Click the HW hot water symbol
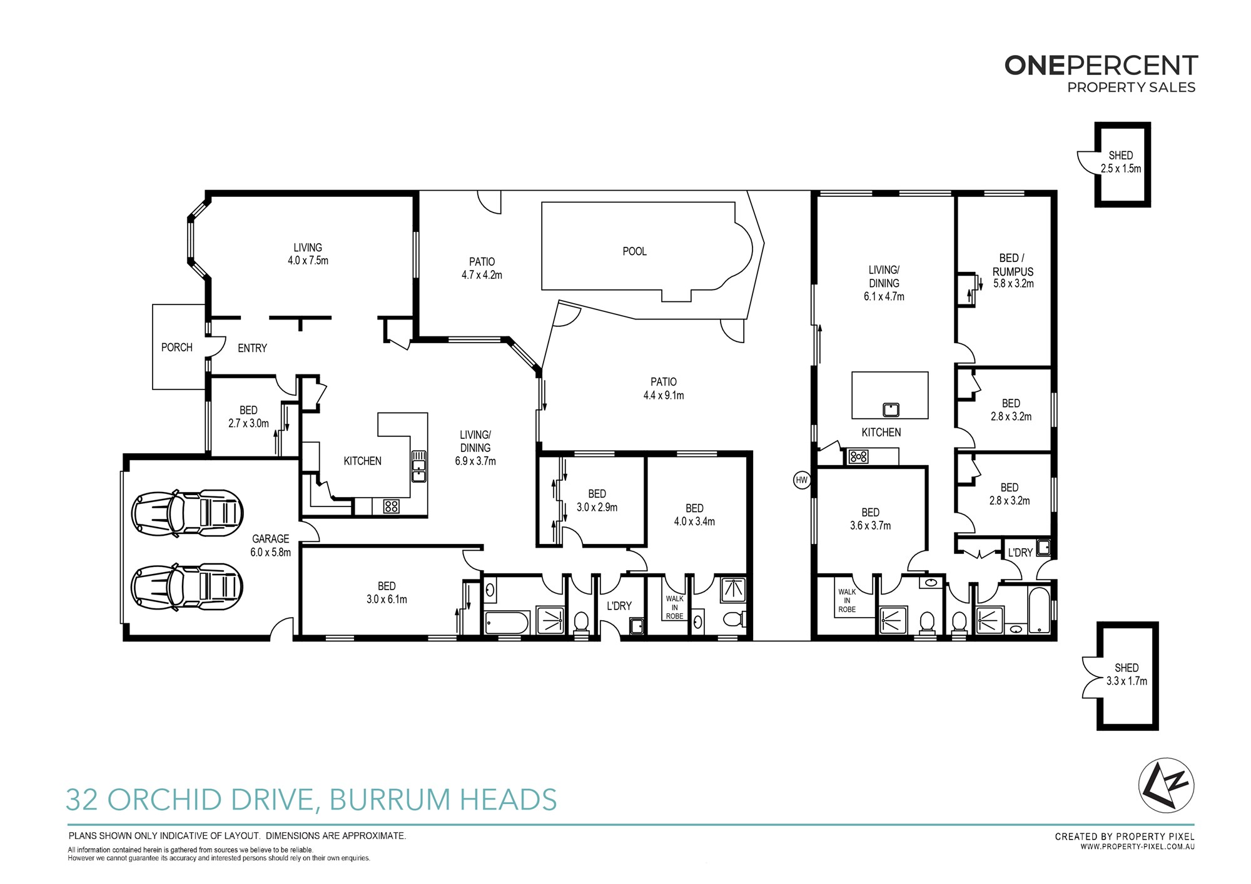point(802,480)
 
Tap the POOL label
point(634,251)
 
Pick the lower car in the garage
point(187,587)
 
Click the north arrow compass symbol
point(1166,785)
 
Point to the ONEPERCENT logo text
point(1101,66)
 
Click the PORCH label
point(177,348)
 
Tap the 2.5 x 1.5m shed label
point(1121,162)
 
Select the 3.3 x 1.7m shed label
point(1127,675)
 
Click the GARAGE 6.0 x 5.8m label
point(271,545)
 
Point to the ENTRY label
point(252,348)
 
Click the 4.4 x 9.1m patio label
point(664,388)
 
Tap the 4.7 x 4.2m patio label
point(482,268)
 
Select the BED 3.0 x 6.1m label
point(387,593)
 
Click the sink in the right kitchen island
point(891,410)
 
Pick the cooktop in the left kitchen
point(392,506)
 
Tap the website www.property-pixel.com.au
point(1138,847)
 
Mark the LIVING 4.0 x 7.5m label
point(308,254)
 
